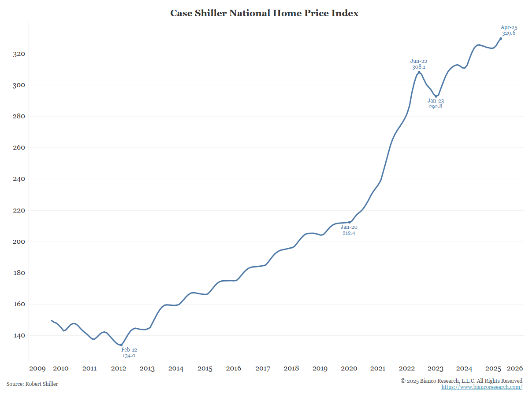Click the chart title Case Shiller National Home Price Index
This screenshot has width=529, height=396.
(x=264, y=13)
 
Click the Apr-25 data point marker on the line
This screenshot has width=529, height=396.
(x=500, y=39)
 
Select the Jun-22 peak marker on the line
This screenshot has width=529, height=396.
(x=419, y=73)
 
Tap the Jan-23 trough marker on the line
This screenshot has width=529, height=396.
(x=436, y=96)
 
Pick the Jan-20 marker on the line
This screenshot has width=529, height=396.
(x=350, y=222)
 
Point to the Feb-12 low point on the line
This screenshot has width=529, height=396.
(x=121, y=345)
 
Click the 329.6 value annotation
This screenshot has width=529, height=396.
(x=509, y=33)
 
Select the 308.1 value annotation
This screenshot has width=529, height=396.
(x=419, y=67)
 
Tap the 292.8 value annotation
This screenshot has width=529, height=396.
(x=436, y=106)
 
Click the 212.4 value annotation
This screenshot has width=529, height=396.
(x=349, y=233)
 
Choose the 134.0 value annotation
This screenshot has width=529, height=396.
(x=129, y=356)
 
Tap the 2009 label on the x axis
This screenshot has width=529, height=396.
(x=37, y=369)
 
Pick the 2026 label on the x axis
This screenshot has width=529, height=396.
(x=515, y=369)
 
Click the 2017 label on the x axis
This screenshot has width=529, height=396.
(x=263, y=369)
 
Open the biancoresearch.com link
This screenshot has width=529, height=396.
(x=482, y=387)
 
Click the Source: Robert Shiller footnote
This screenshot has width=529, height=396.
(x=32, y=384)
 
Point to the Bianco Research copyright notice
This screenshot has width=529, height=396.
(x=462, y=381)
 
